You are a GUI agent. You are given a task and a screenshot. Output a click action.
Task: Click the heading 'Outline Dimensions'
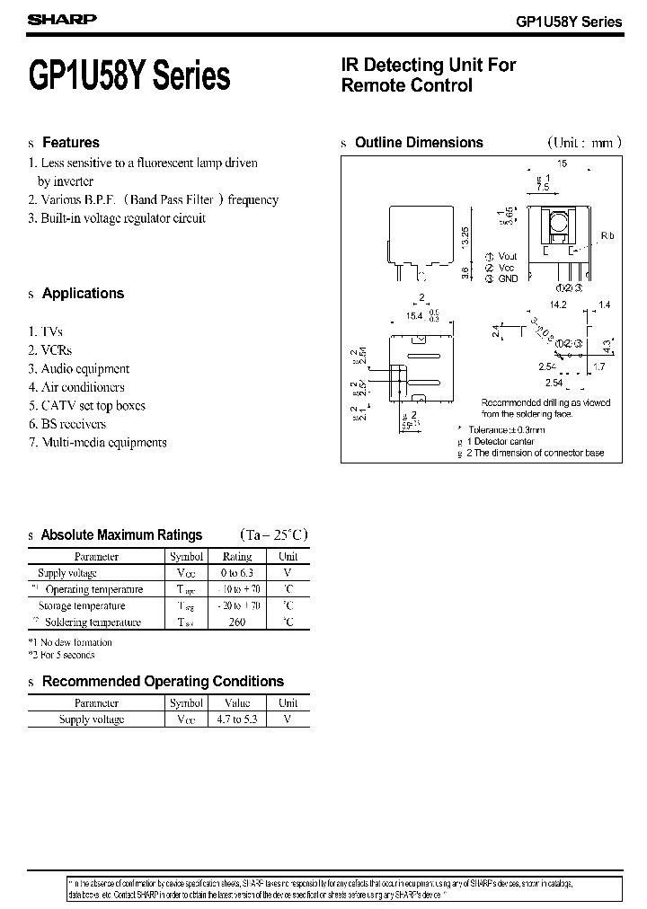[419, 143]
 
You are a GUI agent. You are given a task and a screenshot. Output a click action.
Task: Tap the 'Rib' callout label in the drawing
[607, 235]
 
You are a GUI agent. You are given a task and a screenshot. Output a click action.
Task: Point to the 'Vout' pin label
[508, 256]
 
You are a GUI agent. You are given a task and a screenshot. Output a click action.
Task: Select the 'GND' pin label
[508, 278]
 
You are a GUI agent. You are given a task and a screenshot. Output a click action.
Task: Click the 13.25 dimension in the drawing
[465, 237]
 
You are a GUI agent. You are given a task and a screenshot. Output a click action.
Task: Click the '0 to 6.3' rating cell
[236, 573]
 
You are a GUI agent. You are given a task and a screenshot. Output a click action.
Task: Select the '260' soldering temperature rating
[236, 622]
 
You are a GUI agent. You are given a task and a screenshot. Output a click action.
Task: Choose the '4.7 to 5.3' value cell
[236, 719]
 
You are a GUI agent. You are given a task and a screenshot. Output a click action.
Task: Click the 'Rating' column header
[236, 557]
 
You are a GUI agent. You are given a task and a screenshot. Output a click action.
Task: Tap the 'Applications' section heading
[83, 294]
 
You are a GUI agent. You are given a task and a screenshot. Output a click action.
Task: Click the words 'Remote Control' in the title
[407, 86]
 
